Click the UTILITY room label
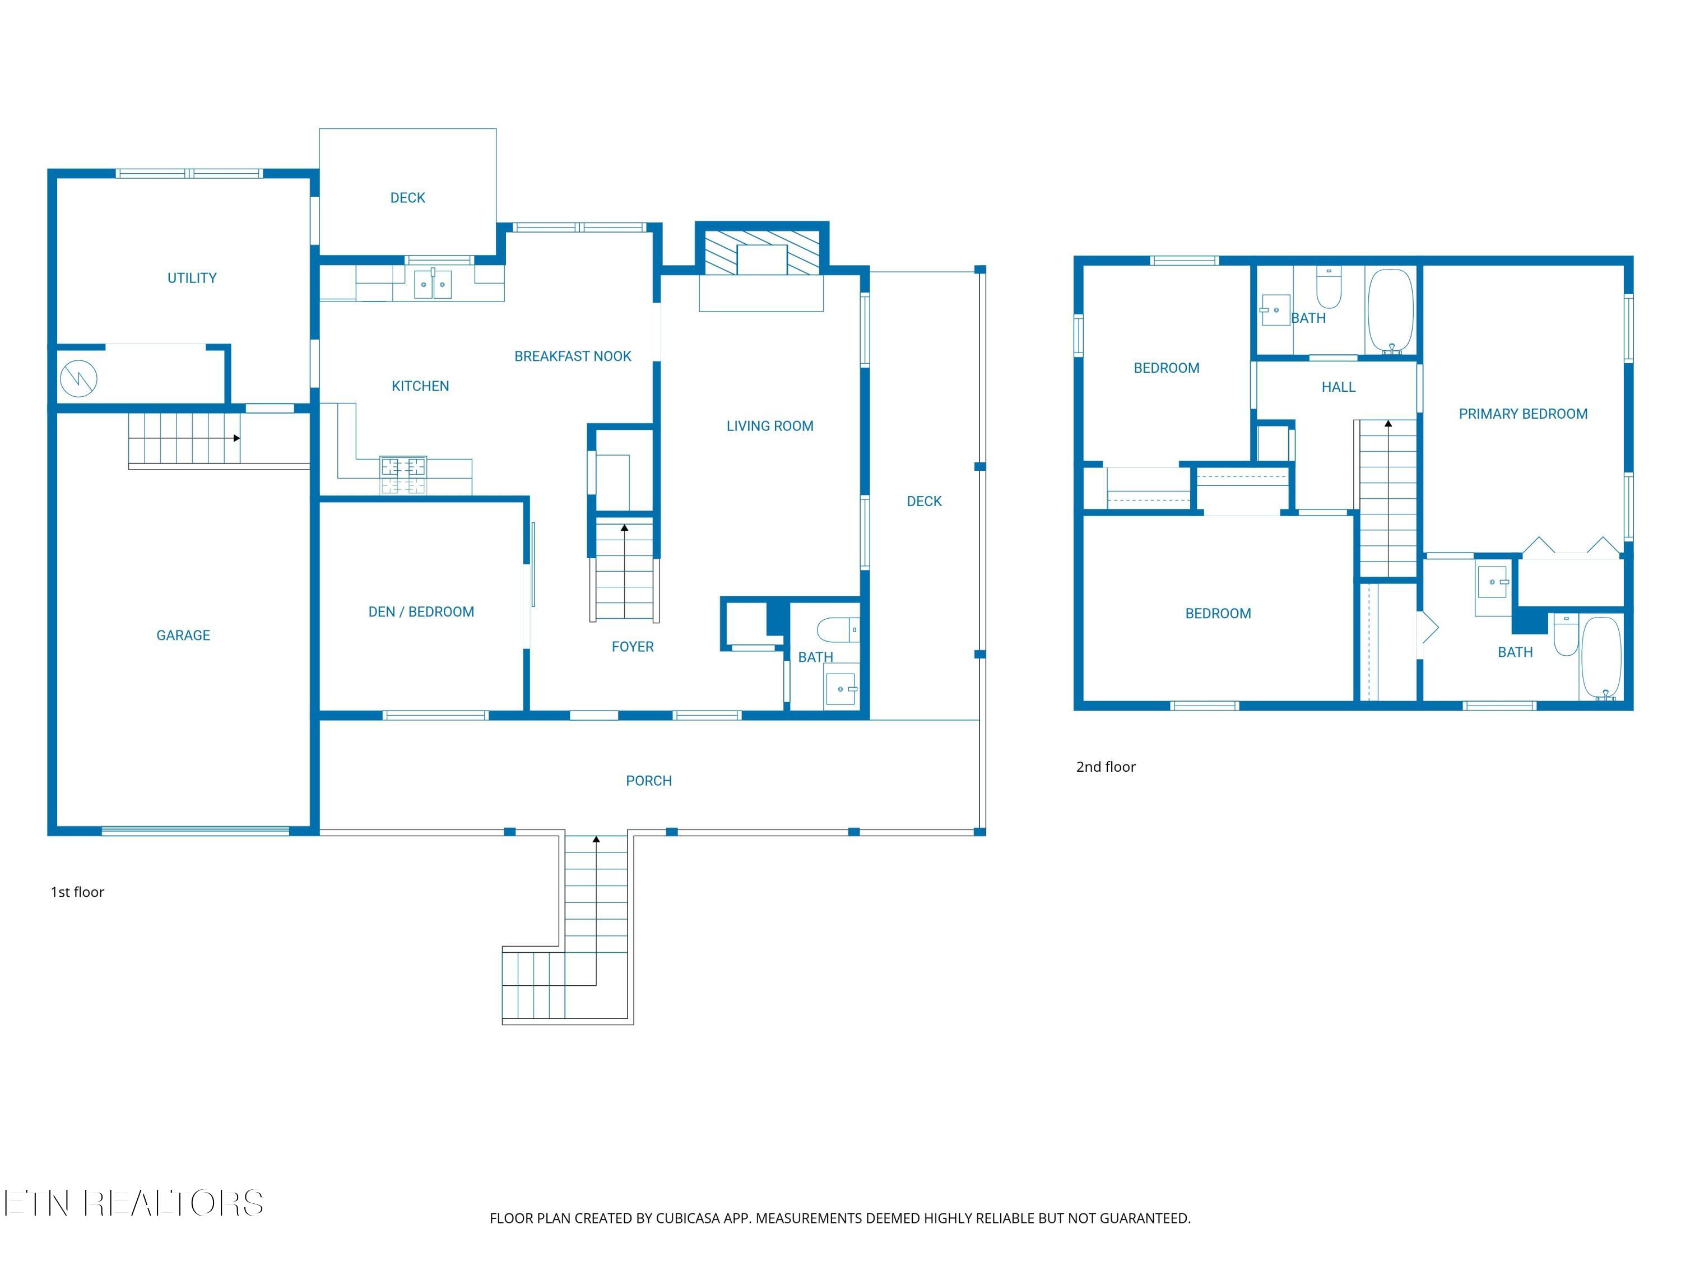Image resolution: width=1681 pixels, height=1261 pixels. pos(192,278)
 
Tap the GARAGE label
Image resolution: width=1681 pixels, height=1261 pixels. pos(183,636)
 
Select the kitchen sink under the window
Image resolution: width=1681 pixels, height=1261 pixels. pos(433,284)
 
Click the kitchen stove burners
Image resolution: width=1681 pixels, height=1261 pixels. pos(403,475)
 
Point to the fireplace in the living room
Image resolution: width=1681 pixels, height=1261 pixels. pos(761,253)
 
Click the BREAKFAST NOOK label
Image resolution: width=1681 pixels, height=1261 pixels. pos(573,356)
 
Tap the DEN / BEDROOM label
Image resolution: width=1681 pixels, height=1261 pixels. pos(421,612)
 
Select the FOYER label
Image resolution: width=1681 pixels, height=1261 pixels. pos(632,647)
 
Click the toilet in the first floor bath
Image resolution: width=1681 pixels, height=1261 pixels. pos(838,630)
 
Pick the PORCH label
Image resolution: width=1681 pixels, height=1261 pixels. pos(649,781)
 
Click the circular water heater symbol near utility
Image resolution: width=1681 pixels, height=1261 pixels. pos(79,378)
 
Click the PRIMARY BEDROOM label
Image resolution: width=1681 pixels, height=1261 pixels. pos(1523,414)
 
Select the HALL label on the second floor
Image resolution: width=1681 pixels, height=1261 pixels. pos(1338,387)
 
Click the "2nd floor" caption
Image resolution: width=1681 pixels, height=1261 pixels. pos(1106,767)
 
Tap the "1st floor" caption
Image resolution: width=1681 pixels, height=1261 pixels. pos(77,892)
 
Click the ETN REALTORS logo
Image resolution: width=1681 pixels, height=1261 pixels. pos(134,1203)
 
